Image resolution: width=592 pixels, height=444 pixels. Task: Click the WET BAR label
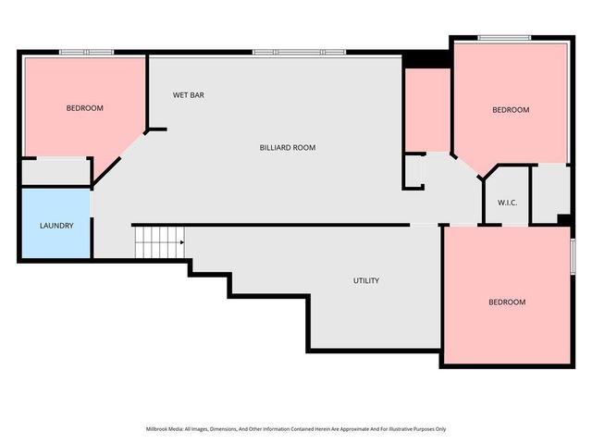[189, 94]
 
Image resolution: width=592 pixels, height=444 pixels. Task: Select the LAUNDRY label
[56, 226]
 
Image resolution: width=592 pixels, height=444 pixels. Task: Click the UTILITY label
[365, 280]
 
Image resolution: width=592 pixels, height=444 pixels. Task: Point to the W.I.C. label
[507, 202]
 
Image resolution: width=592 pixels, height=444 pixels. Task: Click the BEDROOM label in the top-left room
[84, 108]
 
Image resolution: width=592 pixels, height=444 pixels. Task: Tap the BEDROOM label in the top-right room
[510, 110]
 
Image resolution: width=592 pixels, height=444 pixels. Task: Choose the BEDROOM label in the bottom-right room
[506, 302]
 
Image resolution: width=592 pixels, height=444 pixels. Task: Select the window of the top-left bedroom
[87, 52]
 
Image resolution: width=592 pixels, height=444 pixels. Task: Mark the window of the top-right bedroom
[504, 37]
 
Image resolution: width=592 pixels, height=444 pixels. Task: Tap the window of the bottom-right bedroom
[573, 255]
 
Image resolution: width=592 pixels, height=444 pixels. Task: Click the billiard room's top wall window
[299, 52]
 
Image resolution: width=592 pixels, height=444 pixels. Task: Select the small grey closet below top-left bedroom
[55, 172]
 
